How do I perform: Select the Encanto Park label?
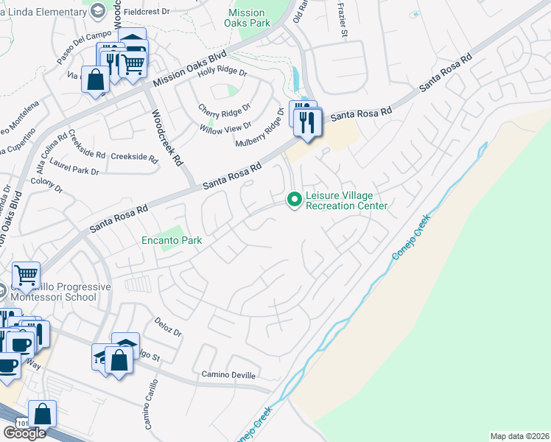pos(172,240)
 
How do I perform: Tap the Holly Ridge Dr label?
pos(222,72)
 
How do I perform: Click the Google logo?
pos(24,433)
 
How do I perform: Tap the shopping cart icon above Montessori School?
pos(27,276)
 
